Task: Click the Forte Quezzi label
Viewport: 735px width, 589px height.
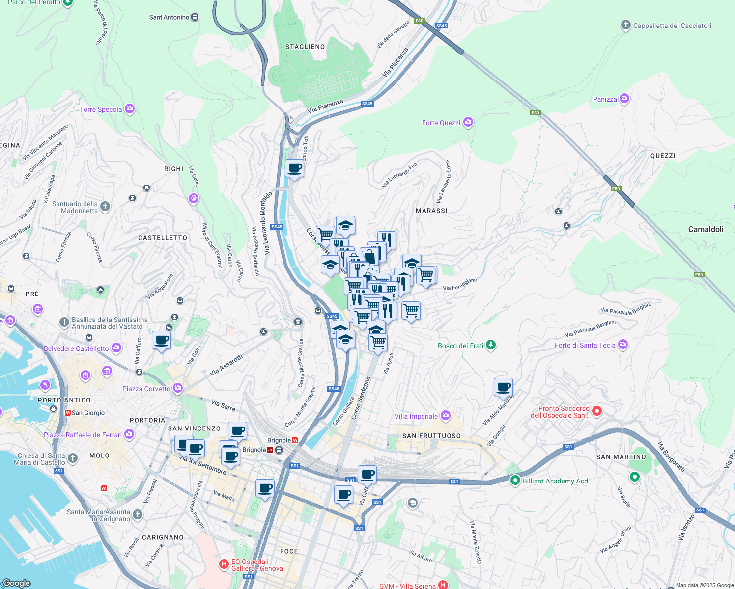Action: pos(441,123)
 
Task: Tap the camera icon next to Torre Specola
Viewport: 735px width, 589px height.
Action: pos(130,109)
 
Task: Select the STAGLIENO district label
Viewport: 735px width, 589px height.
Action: pos(305,47)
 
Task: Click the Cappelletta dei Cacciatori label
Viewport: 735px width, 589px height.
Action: pos(672,26)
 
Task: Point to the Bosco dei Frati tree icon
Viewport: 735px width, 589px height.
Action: pos(490,345)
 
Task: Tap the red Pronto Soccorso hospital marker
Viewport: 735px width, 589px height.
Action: pos(597,411)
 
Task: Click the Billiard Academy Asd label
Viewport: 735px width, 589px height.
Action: pos(555,481)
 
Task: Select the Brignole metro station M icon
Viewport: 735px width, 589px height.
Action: pos(295,440)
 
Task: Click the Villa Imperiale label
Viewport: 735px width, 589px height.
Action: pos(416,416)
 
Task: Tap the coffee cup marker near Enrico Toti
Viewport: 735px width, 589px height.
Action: pos(294,168)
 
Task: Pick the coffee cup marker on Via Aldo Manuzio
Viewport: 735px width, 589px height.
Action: pos(503,387)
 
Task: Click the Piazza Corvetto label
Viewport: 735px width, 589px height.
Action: pos(146,389)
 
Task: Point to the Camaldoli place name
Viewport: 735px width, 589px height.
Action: pos(706,229)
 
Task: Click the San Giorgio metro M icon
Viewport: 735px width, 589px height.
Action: pos(68,413)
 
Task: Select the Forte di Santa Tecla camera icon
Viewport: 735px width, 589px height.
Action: pos(623,345)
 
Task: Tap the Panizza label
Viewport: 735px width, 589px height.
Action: pos(605,99)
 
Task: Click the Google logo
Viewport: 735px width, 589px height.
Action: pos(16,583)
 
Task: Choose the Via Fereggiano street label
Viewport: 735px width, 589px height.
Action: pos(460,284)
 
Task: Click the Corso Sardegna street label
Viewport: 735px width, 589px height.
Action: pos(361,398)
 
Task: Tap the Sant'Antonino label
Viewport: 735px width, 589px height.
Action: pos(169,17)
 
